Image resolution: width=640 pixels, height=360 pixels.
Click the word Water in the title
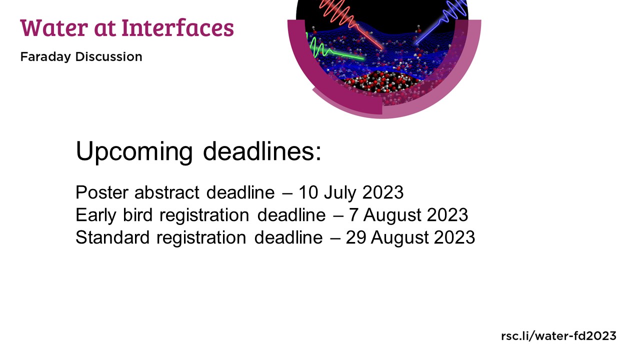[x=54, y=27]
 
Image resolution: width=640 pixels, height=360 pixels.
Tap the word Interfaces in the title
[x=177, y=27]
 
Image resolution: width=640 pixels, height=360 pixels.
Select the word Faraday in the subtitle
[x=45, y=57]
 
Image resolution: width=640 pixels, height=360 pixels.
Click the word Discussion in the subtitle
[x=108, y=56]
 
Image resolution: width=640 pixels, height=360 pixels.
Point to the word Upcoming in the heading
[x=134, y=152]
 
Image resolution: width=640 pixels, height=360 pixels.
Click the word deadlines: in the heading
[x=262, y=151]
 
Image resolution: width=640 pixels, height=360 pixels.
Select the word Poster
[x=102, y=192]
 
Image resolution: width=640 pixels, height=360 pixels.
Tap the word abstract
[x=167, y=192]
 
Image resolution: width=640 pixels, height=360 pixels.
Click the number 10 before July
[x=308, y=192]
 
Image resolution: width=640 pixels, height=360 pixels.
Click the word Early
[x=96, y=215]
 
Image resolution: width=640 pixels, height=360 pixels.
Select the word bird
[x=137, y=215]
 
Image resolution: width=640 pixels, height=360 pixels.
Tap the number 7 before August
[x=353, y=215]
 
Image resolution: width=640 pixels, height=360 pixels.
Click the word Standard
[x=112, y=237]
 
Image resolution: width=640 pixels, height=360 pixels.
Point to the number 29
[x=356, y=237]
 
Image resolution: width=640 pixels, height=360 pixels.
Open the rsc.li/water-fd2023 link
[x=558, y=335]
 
